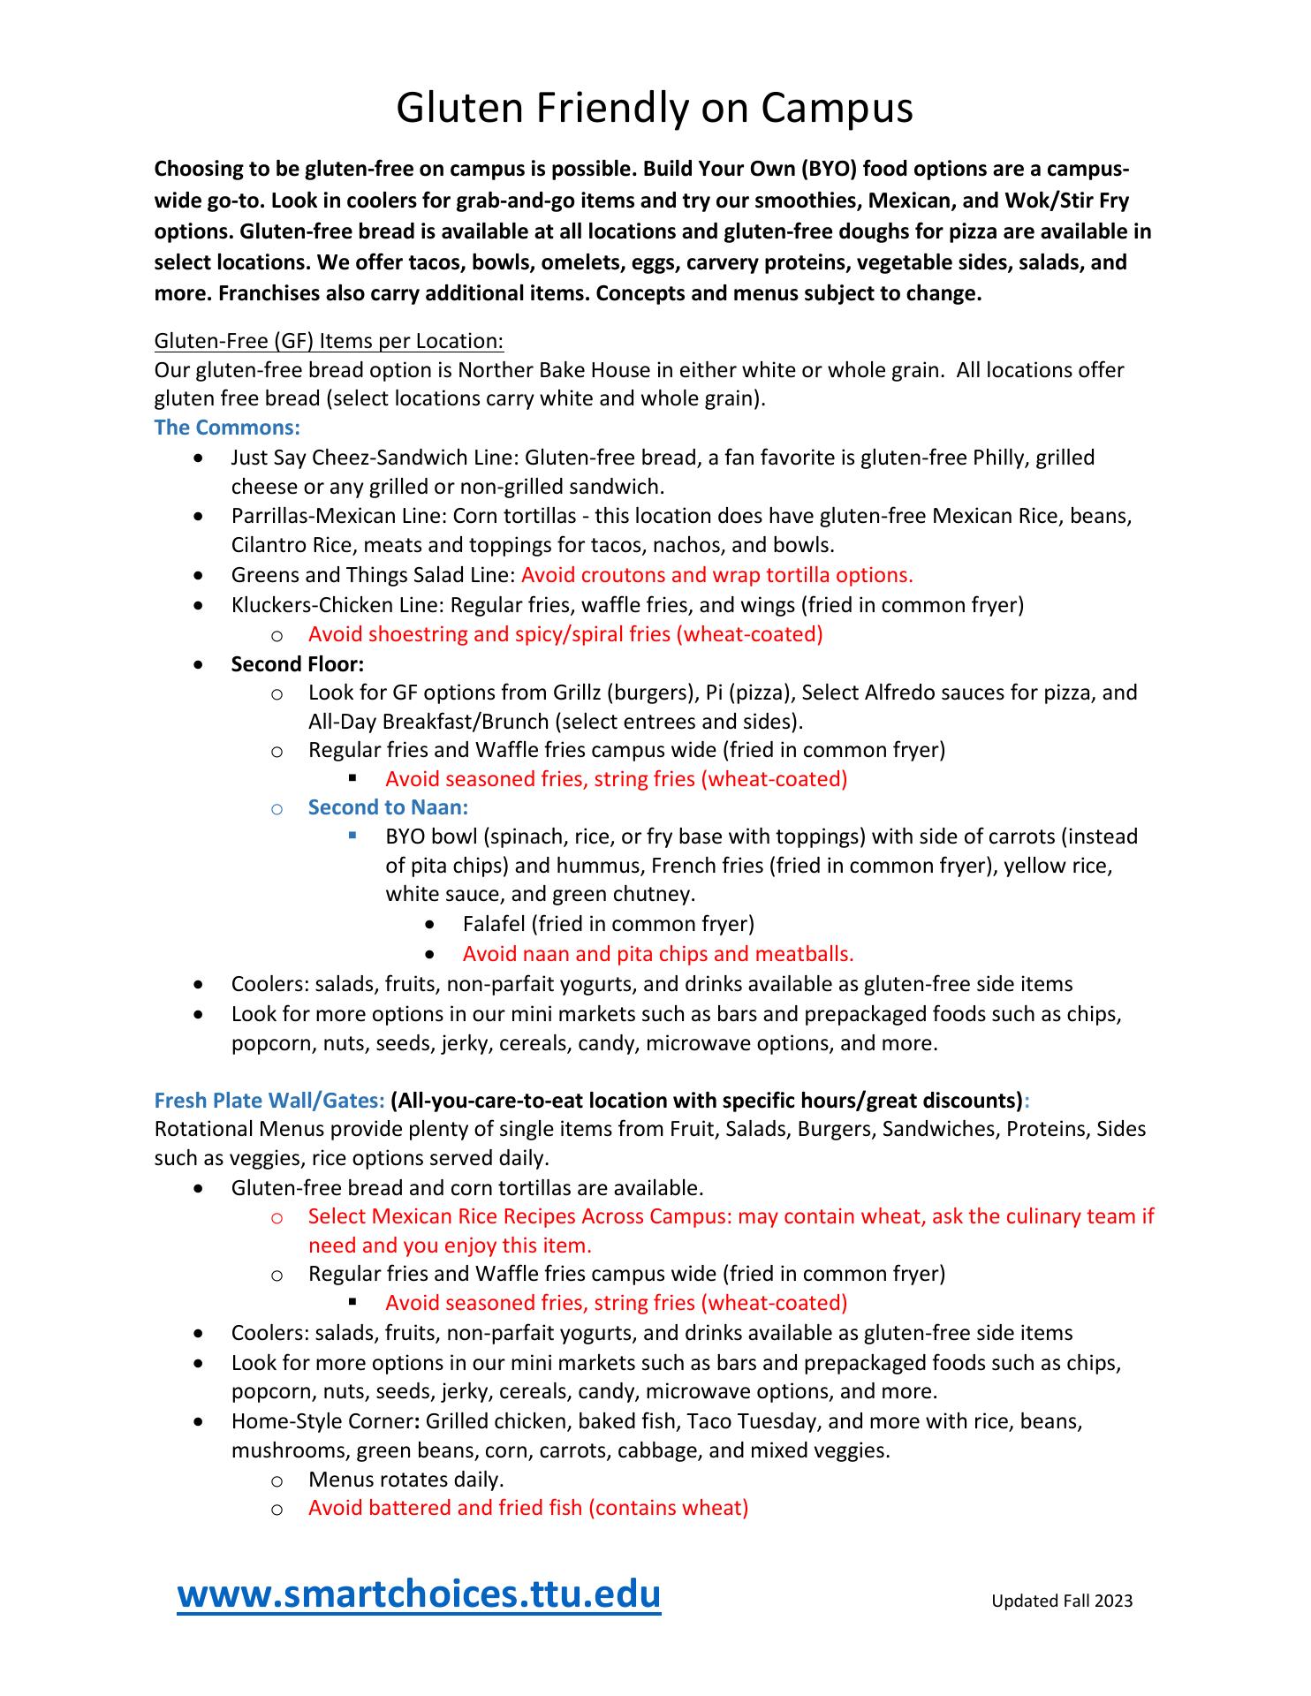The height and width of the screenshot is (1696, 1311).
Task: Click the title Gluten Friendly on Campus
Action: pyautogui.click(x=654, y=109)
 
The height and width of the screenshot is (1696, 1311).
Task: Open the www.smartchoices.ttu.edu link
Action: pyautogui.click(x=419, y=1594)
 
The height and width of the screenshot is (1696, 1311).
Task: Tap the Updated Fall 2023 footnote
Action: pyautogui.click(x=1061, y=1601)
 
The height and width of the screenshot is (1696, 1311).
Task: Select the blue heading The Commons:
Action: pyautogui.click(x=227, y=428)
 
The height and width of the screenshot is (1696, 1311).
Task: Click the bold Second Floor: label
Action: pyautogui.click(x=298, y=663)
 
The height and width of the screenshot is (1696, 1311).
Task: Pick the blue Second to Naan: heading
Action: pyautogui.click(x=388, y=807)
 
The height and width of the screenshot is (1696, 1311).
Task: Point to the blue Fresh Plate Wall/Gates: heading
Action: pyautogui.click(x=269, y=1101)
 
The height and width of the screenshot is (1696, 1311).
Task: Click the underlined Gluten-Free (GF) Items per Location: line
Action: pyautogui.click(x=329, y=341)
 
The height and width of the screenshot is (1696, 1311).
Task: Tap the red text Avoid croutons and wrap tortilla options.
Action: pyautogui.click(x=716, y=575)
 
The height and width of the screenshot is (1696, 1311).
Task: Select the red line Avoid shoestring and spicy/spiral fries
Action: pyautogui.click(x=565, y=634)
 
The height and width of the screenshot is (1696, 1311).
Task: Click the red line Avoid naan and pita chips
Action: pyautogui.click(x=658, y=954)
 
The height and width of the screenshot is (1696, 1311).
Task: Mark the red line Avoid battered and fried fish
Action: pyautogui.click(x=528, y=1508)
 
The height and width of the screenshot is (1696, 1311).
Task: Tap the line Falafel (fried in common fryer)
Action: pyautogui.click(x=608, y=924)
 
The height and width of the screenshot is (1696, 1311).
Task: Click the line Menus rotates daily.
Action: pyautogui.click(x=405, y=1480)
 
